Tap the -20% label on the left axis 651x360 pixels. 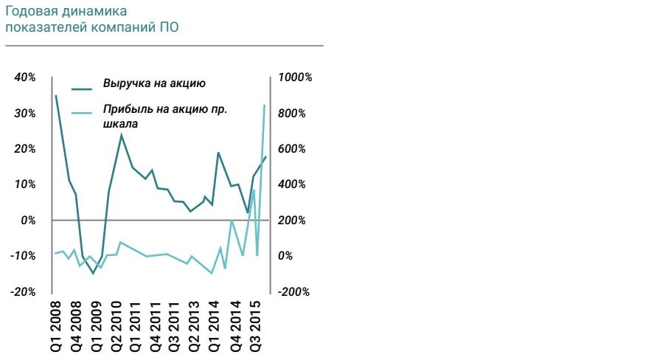click(24, 292)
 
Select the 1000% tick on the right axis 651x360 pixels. click(294, 78)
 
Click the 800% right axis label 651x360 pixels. click(291, 114)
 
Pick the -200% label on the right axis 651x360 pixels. click(293, 292)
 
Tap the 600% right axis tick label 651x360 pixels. click(291, 149)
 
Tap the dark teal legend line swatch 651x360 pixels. click(82, 89)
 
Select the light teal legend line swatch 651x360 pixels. click(82, 114)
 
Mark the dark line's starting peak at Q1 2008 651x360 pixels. click(56, 96)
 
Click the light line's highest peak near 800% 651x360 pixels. click(265, 105)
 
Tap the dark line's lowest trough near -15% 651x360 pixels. click(93, 273)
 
